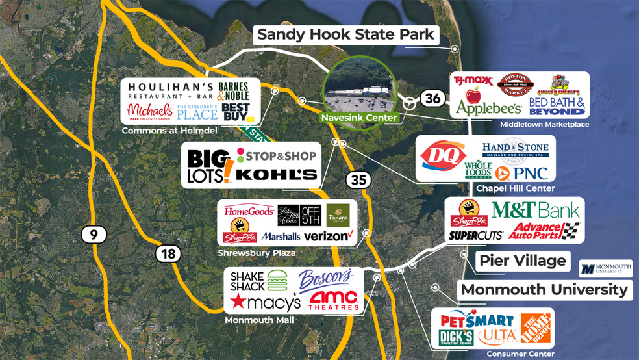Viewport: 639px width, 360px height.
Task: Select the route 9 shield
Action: [x=94, y=235]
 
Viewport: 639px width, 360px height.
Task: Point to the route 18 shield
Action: [x=168, y=253]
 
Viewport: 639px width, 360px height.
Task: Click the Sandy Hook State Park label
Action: [x=345, y=34]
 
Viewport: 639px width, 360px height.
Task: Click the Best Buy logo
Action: [x=235, y=112]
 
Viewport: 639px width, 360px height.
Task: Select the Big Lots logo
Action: [x=207, y=166]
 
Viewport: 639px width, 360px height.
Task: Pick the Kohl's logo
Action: [x=276, y=174]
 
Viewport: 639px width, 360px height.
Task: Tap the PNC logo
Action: [x=522, y=173]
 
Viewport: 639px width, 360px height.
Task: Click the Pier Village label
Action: [x=522, y=261]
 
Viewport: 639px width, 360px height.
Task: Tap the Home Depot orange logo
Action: [x=536, y=328]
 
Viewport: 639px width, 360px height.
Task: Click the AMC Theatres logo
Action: [x=334, y=300]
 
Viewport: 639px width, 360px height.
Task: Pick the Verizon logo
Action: [x=327, y=236]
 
